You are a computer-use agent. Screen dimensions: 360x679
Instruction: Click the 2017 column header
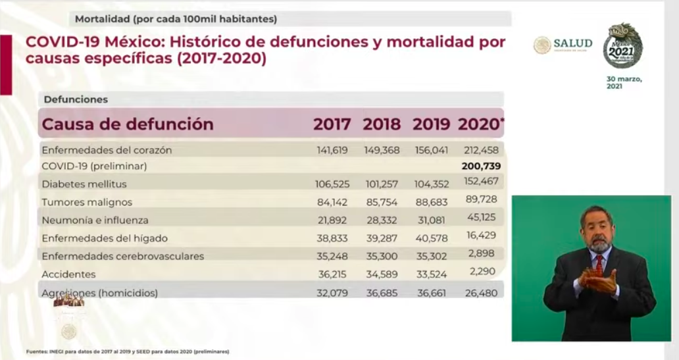(x=332, y=124)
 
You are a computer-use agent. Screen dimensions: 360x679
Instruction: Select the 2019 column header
(x=431, y=124)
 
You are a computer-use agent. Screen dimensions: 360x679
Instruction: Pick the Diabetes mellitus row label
(x=84, y=184)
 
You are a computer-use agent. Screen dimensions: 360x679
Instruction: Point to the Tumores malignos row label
(x=86, y=202)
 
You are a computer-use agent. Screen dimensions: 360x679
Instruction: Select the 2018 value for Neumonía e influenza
(x=381, y=220)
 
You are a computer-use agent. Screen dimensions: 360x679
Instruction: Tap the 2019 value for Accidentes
(x=431, y=274)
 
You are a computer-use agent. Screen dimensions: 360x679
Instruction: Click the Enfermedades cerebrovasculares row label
(x=122, y=256)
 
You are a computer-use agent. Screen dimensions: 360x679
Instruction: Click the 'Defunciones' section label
(x=76, y=99)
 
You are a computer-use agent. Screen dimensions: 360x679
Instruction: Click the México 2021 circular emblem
(x=622, y=46)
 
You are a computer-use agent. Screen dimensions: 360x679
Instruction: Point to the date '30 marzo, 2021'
(x=623, y=82)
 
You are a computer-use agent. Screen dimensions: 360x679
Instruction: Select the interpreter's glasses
(x=597, y=227)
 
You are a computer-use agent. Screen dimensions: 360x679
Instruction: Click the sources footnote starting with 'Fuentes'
(x=128, y=351)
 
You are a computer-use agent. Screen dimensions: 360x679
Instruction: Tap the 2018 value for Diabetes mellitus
(x=381, y=184)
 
